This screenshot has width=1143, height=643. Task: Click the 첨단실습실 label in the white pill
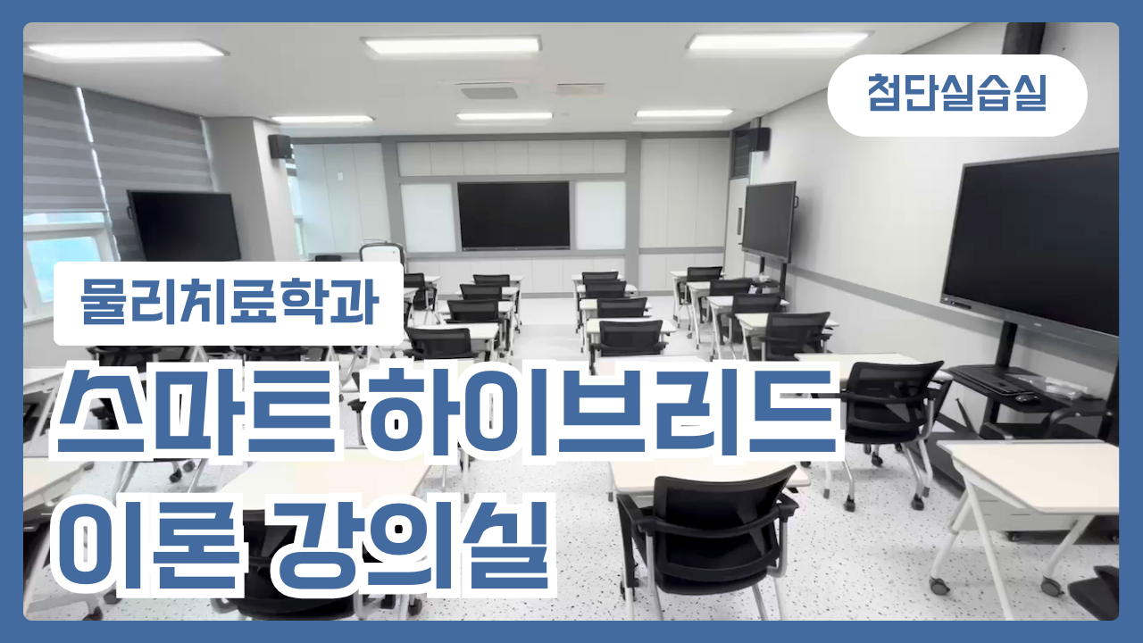(956, 93)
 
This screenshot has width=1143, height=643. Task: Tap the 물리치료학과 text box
(229, 303)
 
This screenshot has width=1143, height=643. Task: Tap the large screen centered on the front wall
(513, 215)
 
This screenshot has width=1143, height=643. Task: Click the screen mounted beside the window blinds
(184, 226)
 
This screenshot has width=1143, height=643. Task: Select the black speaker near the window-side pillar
(280, 146)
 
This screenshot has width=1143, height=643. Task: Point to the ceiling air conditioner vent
(488, 93)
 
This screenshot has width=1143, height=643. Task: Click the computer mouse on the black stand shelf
(1026, 398)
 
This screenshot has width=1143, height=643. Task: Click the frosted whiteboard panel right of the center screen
(600, 215)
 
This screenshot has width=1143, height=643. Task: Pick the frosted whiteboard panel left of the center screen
(428, 218)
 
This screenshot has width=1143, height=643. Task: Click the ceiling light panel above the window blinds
(127, 51)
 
